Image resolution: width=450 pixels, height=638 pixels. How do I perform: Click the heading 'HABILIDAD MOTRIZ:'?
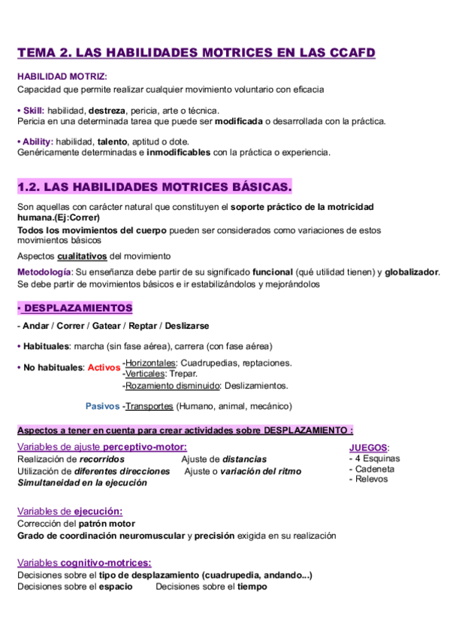62,76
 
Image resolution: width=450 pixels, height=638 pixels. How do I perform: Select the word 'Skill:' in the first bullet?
34,110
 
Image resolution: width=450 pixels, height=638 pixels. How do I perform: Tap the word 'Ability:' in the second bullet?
38,141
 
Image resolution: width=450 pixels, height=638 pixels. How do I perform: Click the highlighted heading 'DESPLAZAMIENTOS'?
77,308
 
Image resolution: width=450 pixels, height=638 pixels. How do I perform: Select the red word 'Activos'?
104,368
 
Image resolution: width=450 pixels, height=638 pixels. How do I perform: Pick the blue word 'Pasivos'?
102,406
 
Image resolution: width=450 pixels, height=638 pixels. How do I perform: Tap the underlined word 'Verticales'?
146,374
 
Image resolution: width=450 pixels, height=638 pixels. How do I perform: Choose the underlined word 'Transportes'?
149,406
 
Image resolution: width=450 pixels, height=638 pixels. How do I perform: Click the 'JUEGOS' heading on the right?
368,447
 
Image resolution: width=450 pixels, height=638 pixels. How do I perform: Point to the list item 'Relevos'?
371,479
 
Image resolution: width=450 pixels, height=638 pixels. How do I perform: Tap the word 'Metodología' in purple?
44,272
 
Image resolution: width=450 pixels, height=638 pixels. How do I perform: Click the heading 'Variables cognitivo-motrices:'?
83,563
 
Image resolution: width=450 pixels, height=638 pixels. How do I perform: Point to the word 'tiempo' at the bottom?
252,586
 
